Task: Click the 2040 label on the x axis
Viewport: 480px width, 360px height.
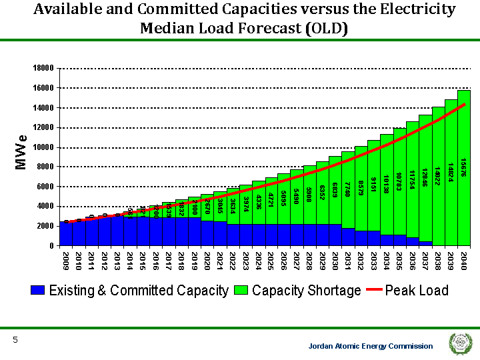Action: (x=463, y=260)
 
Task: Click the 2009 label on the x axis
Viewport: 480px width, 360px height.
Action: (x=66, y=260)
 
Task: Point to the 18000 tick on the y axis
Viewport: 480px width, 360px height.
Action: (x=43, y=68)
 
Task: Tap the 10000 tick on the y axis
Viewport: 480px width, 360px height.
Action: (x=43, y=147)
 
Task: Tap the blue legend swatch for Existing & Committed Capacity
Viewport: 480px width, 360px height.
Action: (x=38, y=291)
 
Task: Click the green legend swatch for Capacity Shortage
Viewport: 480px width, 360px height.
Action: (x=241, y=291)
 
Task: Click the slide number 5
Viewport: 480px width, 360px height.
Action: (x=15, y=341)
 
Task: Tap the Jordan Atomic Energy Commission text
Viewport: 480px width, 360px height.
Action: (x=371, y=346)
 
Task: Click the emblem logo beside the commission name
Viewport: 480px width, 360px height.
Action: (x=459, y=344)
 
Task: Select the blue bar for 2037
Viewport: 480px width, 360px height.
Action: (x=425, y=243)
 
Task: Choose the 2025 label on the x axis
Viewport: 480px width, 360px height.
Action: (x=271, y=260)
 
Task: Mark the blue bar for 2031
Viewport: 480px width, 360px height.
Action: (x=348, y=237)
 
